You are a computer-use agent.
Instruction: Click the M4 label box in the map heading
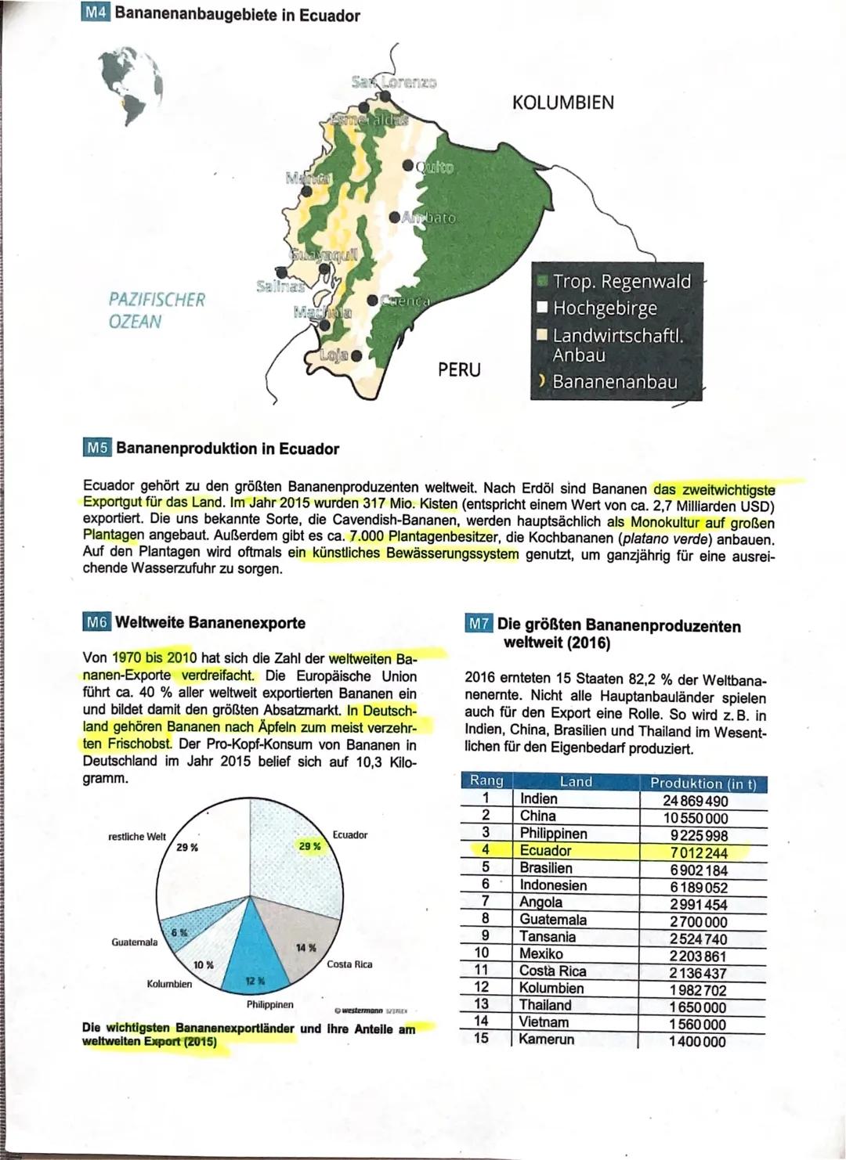[97, 15]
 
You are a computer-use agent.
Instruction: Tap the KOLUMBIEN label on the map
[562, 103]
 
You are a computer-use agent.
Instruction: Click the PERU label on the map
[458, 369]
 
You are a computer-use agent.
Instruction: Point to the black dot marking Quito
[409, 166]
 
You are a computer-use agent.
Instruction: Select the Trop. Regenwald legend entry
[622, 282]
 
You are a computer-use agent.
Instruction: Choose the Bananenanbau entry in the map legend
[614, 382]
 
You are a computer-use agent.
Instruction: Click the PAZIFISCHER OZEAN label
[157, 311]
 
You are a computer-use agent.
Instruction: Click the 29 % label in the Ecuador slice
[310, 846]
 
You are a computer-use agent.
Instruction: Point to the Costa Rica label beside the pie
[349, 964]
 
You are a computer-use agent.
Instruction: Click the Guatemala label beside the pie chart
[135, 942]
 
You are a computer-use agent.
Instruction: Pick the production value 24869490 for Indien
[694, 801]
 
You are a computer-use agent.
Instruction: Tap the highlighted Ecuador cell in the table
[546, 851]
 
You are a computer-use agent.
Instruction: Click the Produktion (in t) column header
[703, 783]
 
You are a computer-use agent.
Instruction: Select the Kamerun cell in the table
[547, 1039]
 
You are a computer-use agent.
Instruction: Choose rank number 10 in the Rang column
[482, 953]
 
